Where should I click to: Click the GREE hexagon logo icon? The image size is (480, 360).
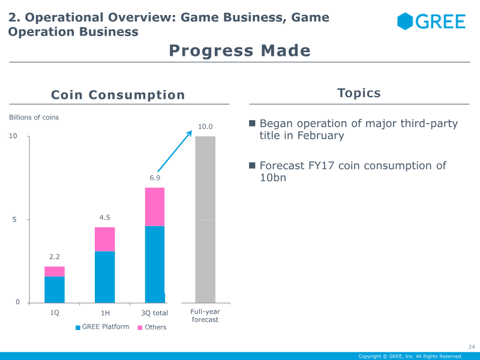(x=405, y=21)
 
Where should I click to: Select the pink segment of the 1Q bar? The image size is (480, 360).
(x=55, y=272)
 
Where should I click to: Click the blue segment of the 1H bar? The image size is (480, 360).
(x=104, y=277)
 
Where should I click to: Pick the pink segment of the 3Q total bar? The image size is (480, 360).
(x=155, y=206)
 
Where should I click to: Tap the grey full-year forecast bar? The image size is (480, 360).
(x=205, y=220)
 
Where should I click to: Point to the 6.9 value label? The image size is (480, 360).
(x=155, y=178)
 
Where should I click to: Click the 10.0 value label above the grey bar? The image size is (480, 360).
(x=205, y=127)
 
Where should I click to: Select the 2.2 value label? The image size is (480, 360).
(x=55, y=257)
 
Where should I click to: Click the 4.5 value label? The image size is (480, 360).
(x=104, y=217)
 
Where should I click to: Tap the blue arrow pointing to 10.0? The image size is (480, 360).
(x=175, y=151)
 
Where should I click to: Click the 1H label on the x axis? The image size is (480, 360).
(x=105, y=313)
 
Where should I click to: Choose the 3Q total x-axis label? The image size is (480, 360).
(x=154, y=313)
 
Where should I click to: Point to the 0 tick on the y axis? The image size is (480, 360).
(x=17, y=302)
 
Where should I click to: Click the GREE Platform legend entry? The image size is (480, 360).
(x=102, y=327)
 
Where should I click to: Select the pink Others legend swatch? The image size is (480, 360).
(x=140, y=328)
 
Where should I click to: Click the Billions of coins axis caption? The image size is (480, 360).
(x=34, y=117)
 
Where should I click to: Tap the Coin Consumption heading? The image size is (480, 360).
(x=118, y=95)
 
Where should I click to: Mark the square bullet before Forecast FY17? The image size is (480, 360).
(x=252, y=166)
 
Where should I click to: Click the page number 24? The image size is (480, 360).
(x=472, y=347)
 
